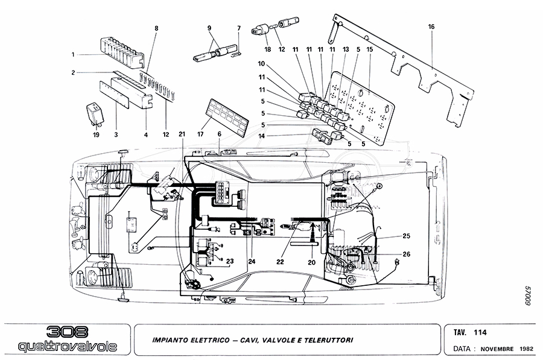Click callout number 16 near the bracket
(431, 27)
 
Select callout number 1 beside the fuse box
(72, 54)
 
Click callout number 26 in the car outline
(406, 254)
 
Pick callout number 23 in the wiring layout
(229, 261)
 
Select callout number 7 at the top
(239, 28)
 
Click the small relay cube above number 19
(95, 112)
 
